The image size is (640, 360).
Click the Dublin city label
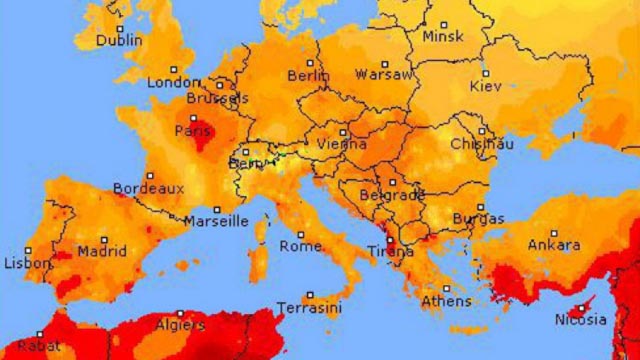tap(117, 42)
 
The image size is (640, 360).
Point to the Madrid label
tap(102, 252)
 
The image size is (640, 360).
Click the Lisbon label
tap(27, 264)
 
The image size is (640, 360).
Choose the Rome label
tap(300, 246)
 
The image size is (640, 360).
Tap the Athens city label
tap(446, 301)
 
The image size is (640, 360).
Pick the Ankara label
tap(554, 245)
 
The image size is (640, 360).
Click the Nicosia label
tap(581, 320)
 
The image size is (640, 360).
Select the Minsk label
tap(443, 37)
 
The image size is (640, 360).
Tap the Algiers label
tap(180, 325)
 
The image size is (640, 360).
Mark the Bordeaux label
tap(148, 188)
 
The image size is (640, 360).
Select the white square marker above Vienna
tap(343, 131)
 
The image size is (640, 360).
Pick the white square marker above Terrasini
tap(309, 295)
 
